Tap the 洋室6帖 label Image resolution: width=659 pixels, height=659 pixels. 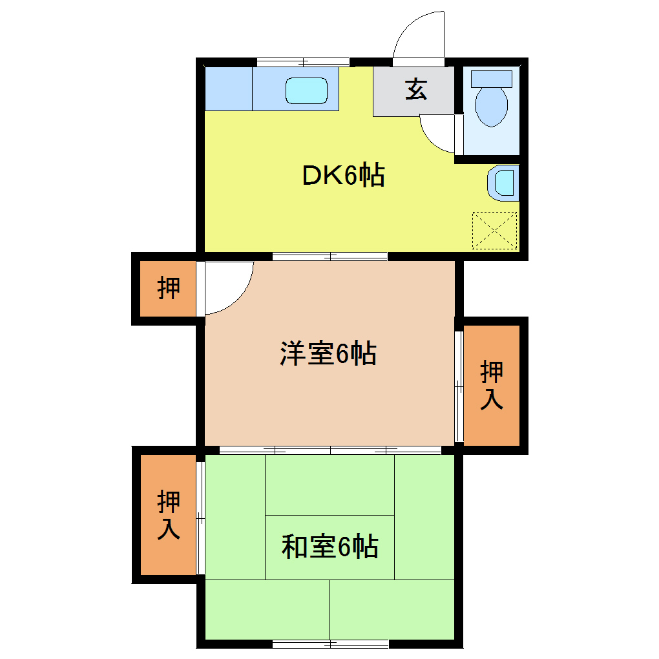click(x=328, y=353)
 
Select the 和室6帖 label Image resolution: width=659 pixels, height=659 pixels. click(x=329, y=547)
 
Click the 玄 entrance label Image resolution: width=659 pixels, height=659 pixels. click(x=416, y=90)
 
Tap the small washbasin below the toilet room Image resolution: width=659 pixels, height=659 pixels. click(x=504, y=182)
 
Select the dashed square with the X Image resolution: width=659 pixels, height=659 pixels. click(x=496, y=230)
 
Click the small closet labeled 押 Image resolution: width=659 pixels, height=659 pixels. click(x=169, y=288)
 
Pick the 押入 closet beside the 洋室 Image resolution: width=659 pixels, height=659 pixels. click(x=492, y=385)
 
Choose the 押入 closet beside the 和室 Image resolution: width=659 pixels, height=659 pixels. click(x=169, y=514)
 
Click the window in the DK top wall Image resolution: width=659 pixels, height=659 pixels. click(x=303, y=63)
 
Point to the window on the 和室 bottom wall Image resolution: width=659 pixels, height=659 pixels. click(x=330, y=643)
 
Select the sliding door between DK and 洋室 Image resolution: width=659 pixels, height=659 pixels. click(x=329, y=256)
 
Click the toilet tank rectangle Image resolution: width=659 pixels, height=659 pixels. click(x=491, y=79)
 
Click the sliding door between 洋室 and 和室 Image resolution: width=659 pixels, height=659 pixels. click(x=330, y=450)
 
